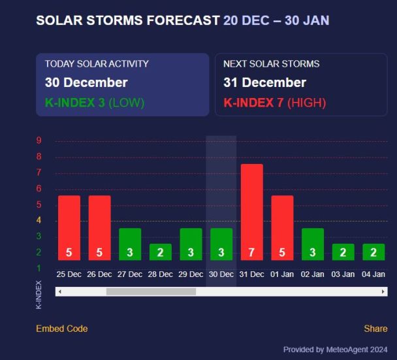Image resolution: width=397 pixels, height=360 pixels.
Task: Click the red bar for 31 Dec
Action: [x=251, y=212]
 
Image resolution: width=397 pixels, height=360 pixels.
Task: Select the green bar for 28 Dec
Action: [x=160, y=252]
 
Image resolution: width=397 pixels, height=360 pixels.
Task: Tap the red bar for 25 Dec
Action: [x=69, y=227]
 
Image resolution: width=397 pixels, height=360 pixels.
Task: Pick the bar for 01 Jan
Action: [x=282, y=227]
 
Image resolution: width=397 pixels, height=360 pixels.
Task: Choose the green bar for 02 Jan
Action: [x=313, y=244]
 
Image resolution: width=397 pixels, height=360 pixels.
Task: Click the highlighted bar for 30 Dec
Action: [x=221, y=244]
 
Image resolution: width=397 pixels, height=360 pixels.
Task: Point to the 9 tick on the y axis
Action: [x=39, y=140]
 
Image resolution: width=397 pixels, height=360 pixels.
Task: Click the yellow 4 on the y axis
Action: [x=39, y=220]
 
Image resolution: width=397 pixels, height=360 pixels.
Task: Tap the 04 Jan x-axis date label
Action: [x=373, y=274]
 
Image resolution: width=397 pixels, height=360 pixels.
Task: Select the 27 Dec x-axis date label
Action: [x=129, y=274]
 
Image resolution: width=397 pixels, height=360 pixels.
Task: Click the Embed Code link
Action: [x=61, y=329]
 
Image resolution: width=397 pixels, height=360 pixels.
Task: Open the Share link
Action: [x=375, y=329]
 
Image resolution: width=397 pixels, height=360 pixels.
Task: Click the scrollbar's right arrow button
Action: [x=383, y=291]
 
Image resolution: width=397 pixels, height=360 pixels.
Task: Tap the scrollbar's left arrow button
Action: [x=59, y=291]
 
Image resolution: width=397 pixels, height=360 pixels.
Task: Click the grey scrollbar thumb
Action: [x=151, y=291]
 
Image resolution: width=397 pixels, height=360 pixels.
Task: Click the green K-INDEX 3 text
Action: [x=75, y=103]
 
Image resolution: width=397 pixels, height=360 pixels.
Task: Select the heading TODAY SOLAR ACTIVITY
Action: [x=97, y=64]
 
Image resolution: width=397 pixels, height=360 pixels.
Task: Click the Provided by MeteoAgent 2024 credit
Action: [x=335, y=350]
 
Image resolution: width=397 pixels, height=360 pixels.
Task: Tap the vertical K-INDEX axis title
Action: [x=39, y=295]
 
